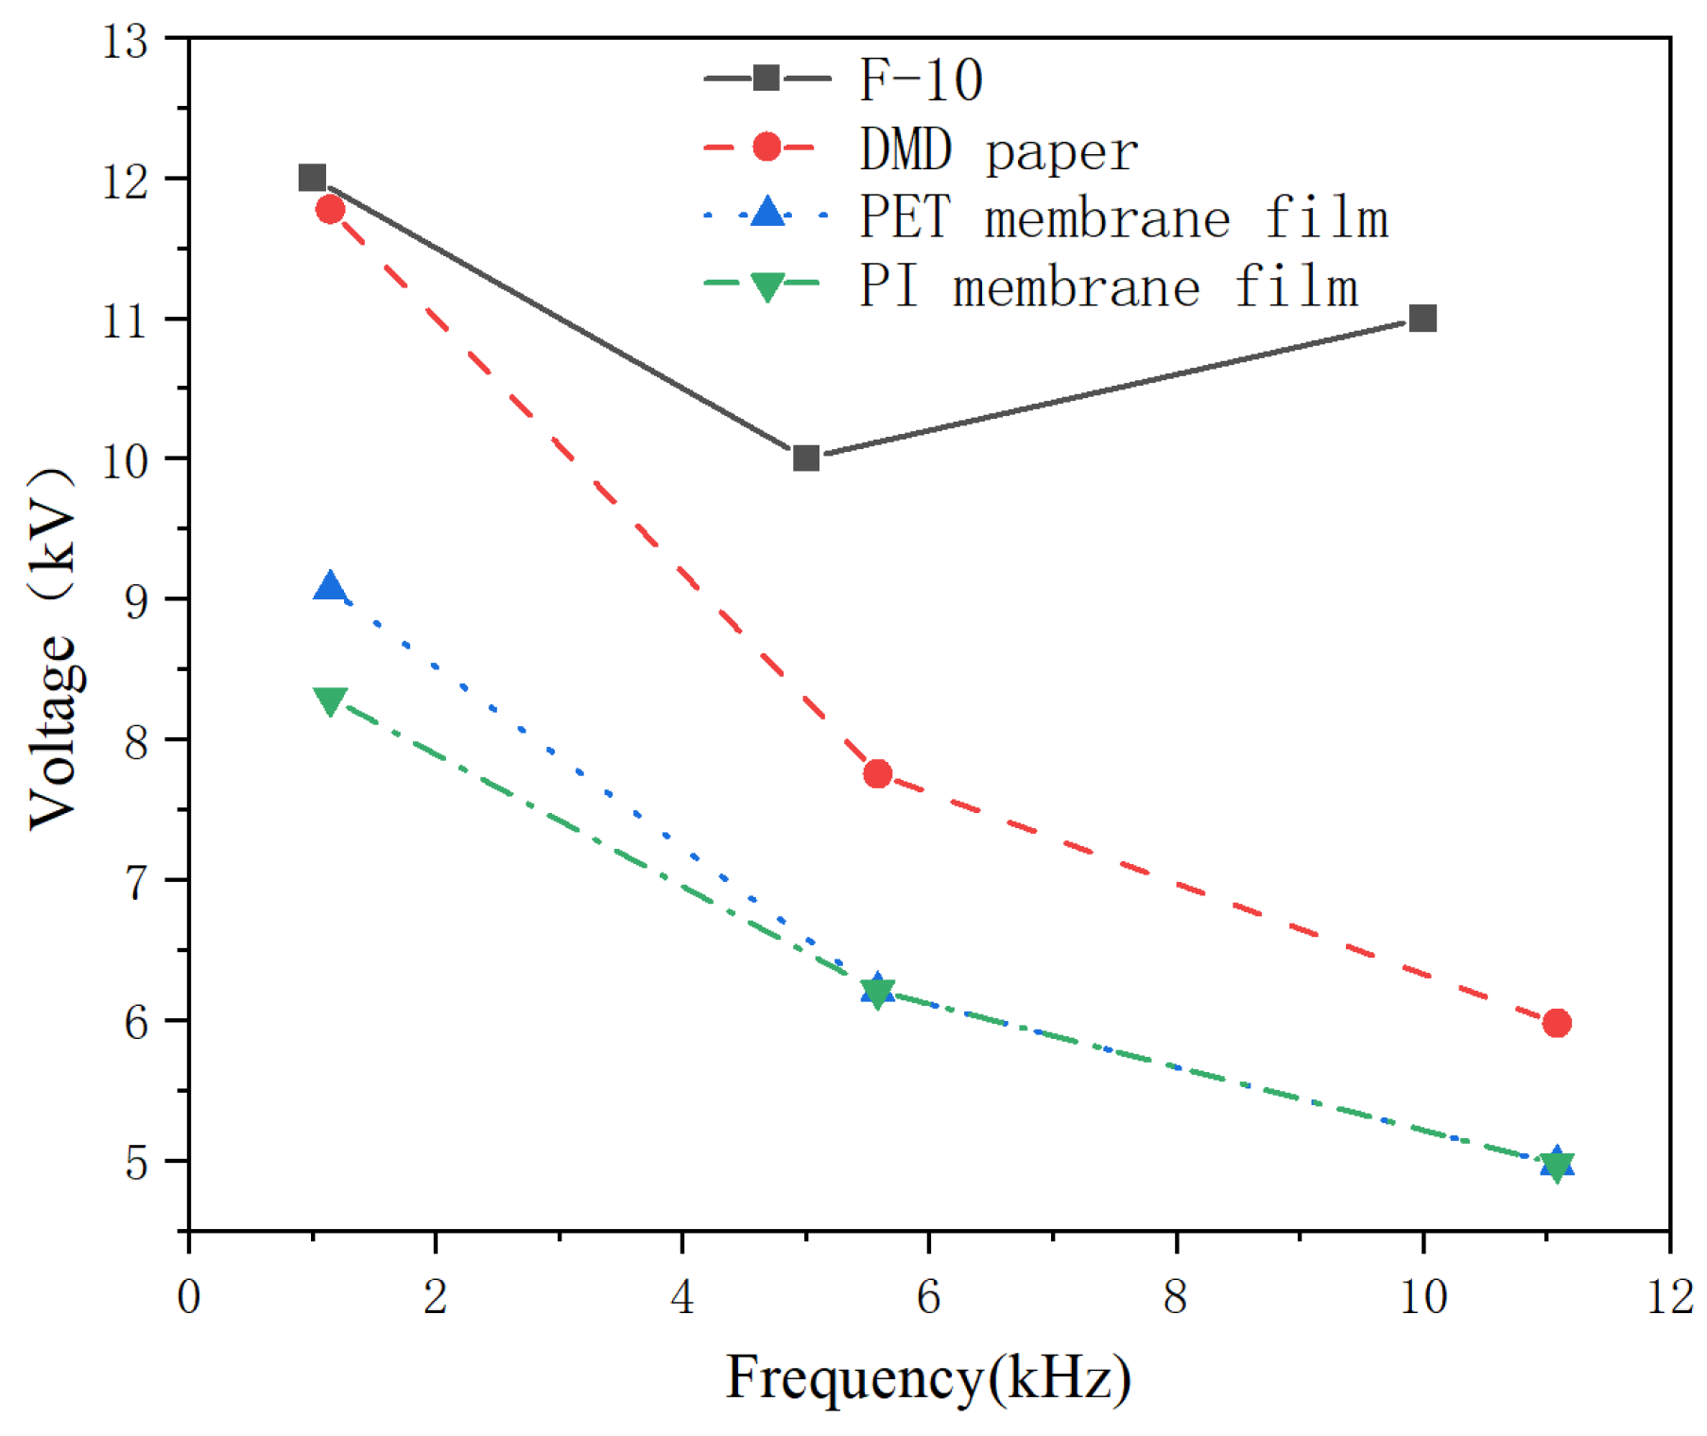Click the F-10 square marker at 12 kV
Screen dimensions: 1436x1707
pos(312,178)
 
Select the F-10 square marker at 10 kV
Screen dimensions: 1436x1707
pos(805,458)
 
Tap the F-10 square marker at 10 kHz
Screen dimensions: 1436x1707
pos(1422,319)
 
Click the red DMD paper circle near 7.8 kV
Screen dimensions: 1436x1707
pos(877,773)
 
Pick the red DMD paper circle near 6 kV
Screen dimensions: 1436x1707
pos(1557,1023)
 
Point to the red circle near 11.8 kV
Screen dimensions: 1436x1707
pos(330,209)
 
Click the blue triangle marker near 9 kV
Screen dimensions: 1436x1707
pos(330,587)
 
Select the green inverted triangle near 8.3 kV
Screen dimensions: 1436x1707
pos(330,701)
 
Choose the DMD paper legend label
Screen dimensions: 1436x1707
pos(998,149)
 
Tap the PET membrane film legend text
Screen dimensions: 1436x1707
pos(1123,217)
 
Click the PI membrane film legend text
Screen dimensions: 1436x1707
pos(1108,286)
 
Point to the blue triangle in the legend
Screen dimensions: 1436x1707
pos(767,213)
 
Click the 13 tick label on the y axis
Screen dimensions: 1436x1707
pos(126,43)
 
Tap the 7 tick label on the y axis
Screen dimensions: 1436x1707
pos(137,882)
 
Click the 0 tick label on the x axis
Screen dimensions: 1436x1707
pos(189,1297)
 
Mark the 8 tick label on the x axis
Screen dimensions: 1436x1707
pos(1176,1297)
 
